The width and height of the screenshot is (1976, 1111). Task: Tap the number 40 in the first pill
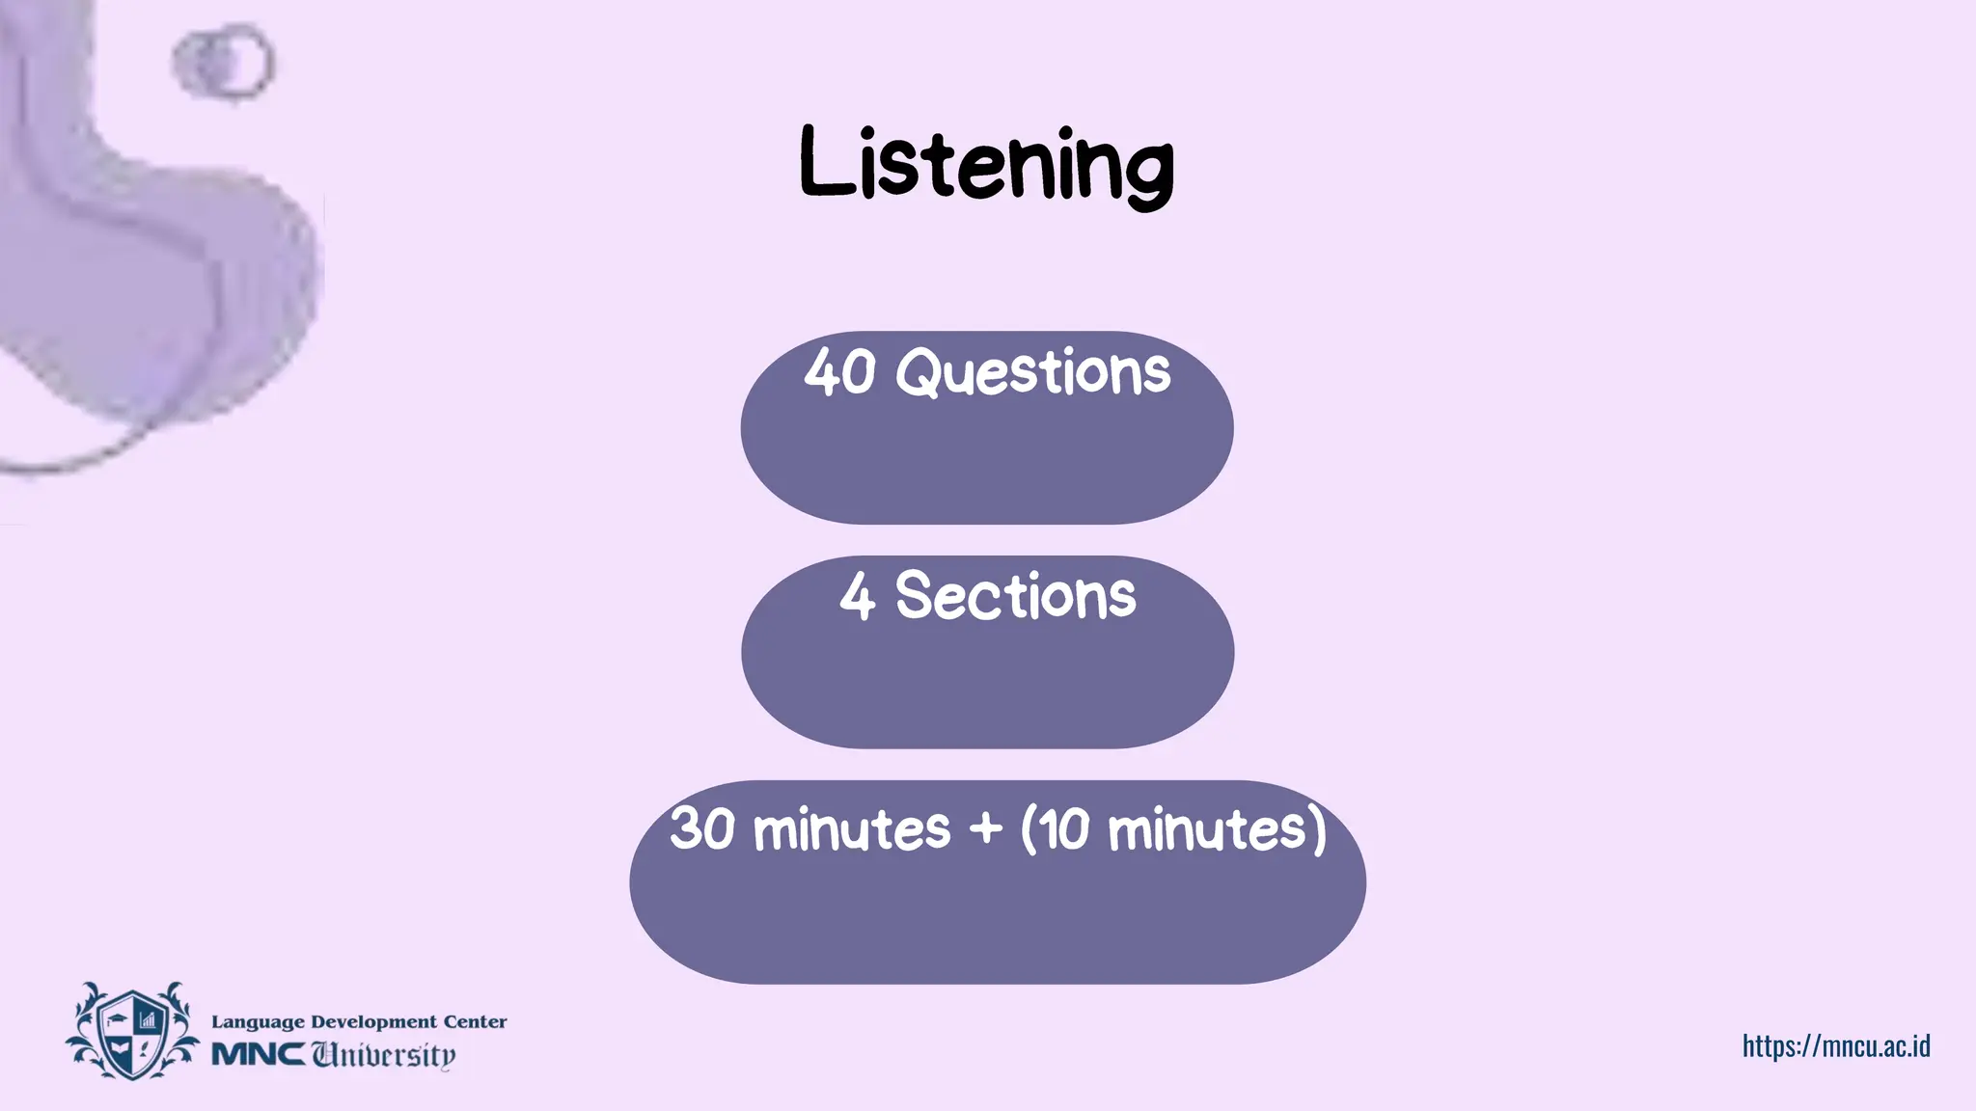click(x=840, y=372)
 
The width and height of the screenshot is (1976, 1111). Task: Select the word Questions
click(x=1032, y=372)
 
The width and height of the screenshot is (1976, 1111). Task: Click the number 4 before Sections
click(x=857, y=596)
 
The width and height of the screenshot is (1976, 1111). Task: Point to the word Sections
click(x=1015, y=596)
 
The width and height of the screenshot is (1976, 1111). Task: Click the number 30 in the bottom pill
click(x=702, y=828)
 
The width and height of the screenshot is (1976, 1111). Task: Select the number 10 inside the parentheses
click(x=1065, y=828)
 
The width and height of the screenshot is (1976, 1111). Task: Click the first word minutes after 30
click(x=851, y=829)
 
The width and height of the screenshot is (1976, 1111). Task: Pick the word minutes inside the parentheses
click(x=1206, y=829)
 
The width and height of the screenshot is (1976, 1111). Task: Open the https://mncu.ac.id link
click(x=1835, y=1045)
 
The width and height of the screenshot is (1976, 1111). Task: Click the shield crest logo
click(x=132, y=1031)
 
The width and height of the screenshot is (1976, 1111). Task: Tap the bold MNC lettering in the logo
click(x=258, y=1054)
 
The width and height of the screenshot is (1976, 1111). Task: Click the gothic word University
click(x=383, y=1054)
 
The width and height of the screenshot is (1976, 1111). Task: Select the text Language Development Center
click(x=359, y=1021)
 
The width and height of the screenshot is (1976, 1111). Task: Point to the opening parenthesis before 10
click(x=1029, y=829)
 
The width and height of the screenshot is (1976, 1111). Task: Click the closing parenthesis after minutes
click(x=1318, y=829)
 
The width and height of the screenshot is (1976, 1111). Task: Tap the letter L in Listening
click(x=826, y=164)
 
